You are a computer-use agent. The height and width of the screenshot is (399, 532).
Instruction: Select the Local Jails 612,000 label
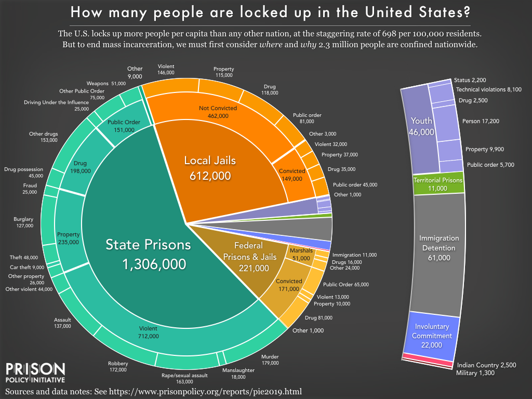click(x=210, y=168)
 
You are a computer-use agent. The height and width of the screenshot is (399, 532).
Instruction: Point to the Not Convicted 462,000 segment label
click(x=218, y=112)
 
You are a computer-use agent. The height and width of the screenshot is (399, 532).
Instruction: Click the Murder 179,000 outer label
click(x=270, y=360)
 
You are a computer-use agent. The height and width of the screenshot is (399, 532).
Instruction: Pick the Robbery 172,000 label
click(x=118, y=367)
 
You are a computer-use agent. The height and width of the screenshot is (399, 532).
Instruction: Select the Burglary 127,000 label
click(x=23, y=222)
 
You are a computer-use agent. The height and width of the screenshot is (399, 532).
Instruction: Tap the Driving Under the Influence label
click(x=56, y=102)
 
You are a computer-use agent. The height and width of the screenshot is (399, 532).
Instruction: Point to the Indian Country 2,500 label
click(x=486, y=365)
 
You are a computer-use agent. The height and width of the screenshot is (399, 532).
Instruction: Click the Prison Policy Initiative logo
click(x=35, y=373)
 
